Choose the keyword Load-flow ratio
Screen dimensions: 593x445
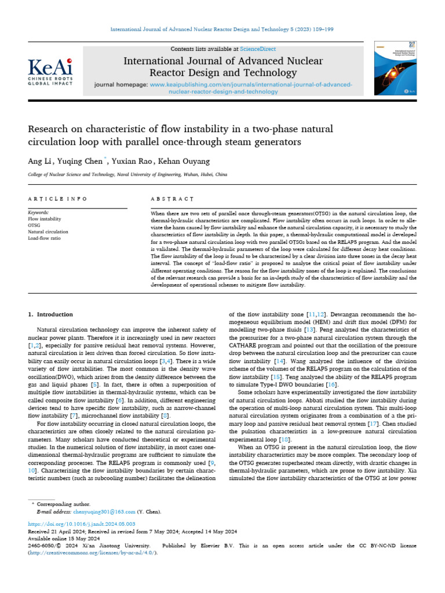tap(45, 237)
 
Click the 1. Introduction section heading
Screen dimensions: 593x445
tap(50, 314)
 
